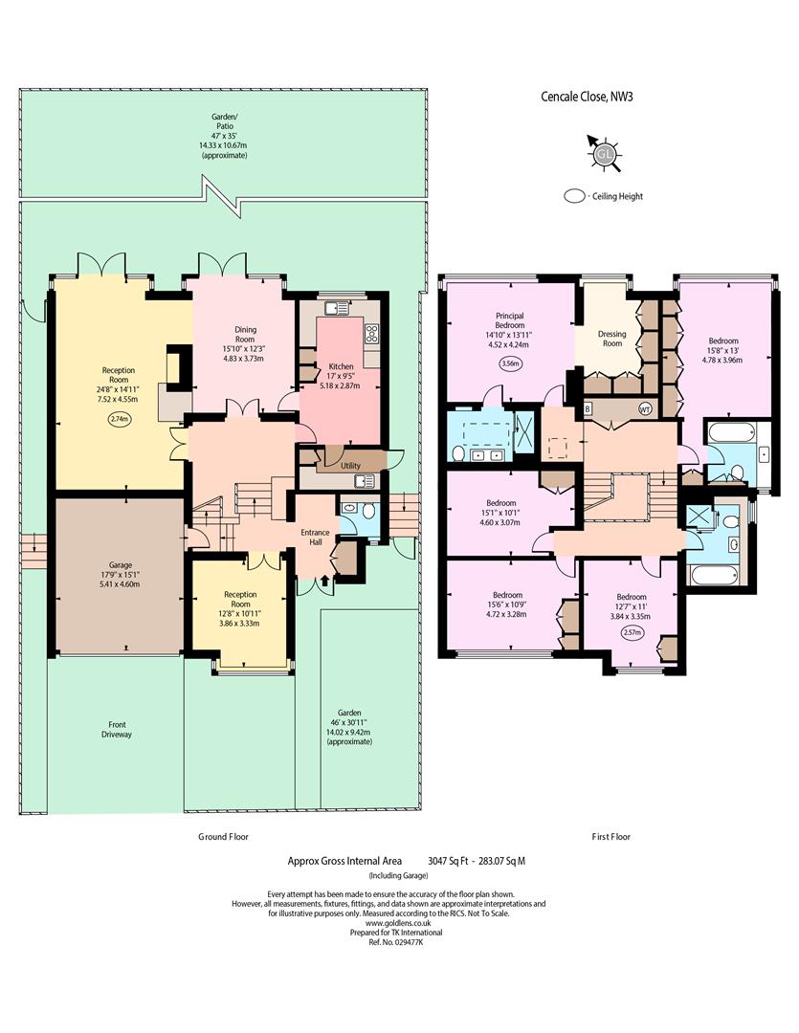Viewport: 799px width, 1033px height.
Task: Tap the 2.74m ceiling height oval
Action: click(120, 418)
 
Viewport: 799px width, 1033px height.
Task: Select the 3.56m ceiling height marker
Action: click(510, 363)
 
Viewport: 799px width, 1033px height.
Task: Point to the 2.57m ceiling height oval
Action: click(632, 632)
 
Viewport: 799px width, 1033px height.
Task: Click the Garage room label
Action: click(120, 565)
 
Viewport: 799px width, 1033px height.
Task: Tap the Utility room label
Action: click(350, 466)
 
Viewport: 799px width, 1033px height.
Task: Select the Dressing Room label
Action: click(611, 339)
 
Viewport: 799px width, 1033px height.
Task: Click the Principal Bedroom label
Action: click(510, 320)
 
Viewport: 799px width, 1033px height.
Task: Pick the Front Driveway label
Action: click(117, 729)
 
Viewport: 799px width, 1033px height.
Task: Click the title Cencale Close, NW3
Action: click(587, 97)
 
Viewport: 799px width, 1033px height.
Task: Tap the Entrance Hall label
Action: click(315, 537)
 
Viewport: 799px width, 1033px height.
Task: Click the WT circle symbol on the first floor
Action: click(645, 409)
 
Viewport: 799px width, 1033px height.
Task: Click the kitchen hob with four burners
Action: click(372, 334)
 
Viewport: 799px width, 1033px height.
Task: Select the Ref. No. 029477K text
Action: click(395, 942)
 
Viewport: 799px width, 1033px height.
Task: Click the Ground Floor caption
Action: click(224, 837)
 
